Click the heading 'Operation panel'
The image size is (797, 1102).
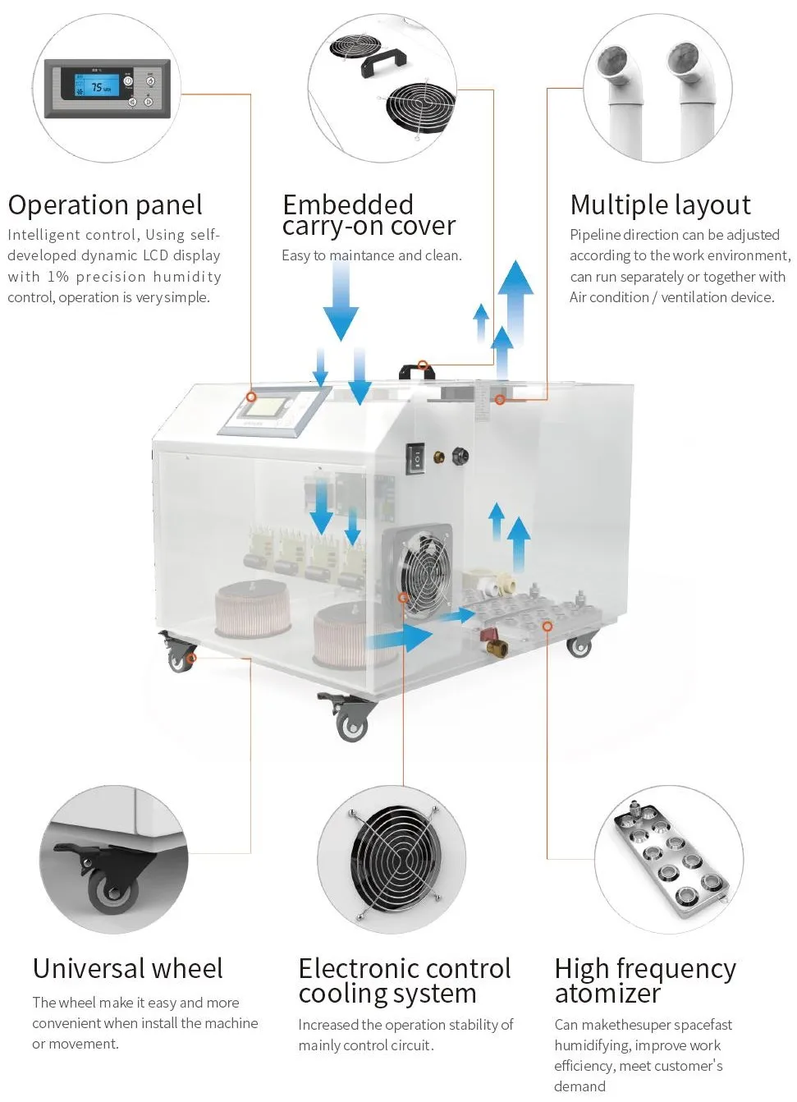pos(105,205)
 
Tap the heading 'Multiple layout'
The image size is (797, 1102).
pos(660,205)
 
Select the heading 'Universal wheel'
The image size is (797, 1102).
pos(127,969)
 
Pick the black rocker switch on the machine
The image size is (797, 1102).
pos(415,459)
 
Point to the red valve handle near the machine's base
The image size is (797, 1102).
pos(488,635)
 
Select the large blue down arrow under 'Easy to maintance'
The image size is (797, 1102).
pos(340,301)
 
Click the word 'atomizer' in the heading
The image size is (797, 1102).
pos(607,994)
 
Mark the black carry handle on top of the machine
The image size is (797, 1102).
pos(417,371)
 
